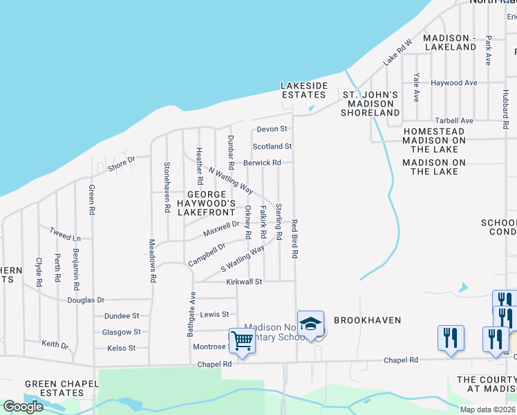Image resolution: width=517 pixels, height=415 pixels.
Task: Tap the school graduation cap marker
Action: point(311,324)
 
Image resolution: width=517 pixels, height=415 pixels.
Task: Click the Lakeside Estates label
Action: point(303,90)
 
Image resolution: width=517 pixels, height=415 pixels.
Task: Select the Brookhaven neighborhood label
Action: point(367,321)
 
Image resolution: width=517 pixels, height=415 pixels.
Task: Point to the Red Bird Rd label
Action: point(294,239)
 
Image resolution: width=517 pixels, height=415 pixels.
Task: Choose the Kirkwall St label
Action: point(245,282)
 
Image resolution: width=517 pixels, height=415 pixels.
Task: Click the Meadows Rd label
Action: point(153,261)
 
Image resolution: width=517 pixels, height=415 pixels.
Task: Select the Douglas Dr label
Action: point(86,300)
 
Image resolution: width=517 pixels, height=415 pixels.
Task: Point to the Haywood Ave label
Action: point(454,83)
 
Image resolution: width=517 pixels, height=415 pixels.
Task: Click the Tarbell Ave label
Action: point(453,120)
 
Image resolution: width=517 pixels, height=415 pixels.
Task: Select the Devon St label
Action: point(272,129)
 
